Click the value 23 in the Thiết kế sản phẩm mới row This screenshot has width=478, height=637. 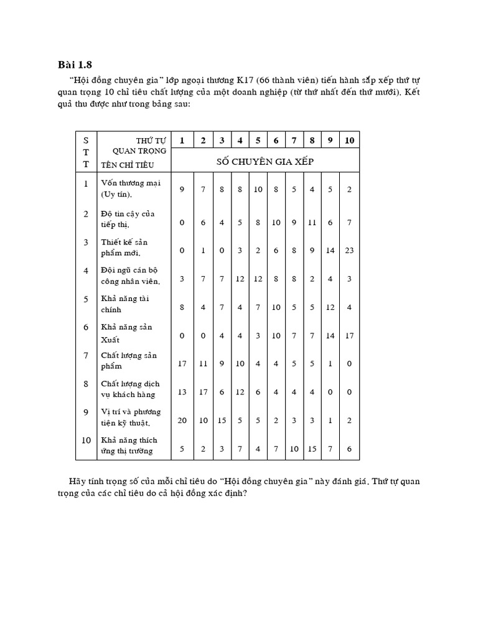[349, 251]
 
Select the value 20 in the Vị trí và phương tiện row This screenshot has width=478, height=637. [182, 421]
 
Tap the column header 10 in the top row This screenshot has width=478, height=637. [349, 141]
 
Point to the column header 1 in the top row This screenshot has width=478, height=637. [182, 141]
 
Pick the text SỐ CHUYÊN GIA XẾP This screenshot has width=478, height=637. [265, 161]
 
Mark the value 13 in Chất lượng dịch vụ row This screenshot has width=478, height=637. [182, 393]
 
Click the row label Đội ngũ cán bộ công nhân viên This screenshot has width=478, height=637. [130, 276]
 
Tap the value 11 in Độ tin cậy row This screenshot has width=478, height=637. [311, 222]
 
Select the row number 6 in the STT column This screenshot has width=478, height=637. [86, 327]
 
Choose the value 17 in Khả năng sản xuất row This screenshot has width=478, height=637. [349, 336]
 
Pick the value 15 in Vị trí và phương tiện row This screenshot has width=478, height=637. [222, 421]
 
